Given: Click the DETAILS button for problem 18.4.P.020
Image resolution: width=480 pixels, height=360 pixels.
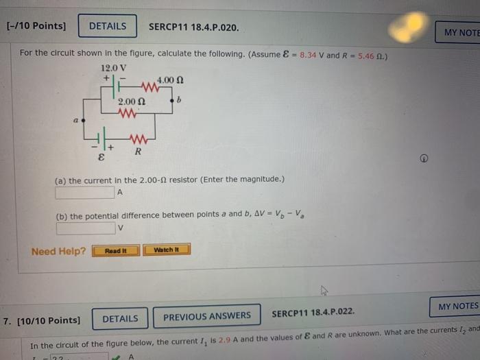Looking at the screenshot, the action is coord(108,27).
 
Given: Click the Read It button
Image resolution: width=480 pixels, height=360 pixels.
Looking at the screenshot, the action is coord(116,250).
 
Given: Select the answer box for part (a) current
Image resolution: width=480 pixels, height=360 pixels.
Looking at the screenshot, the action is coord(84,193).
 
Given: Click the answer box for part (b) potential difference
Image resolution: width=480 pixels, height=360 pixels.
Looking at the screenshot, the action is coord(84,228).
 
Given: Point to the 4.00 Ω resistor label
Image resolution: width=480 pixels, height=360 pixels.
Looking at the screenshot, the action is coord(169,80).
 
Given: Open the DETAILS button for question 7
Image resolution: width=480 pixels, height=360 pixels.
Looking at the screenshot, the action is coord(120,319).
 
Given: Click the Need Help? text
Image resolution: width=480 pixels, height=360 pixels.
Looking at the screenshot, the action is coord(59,251).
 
